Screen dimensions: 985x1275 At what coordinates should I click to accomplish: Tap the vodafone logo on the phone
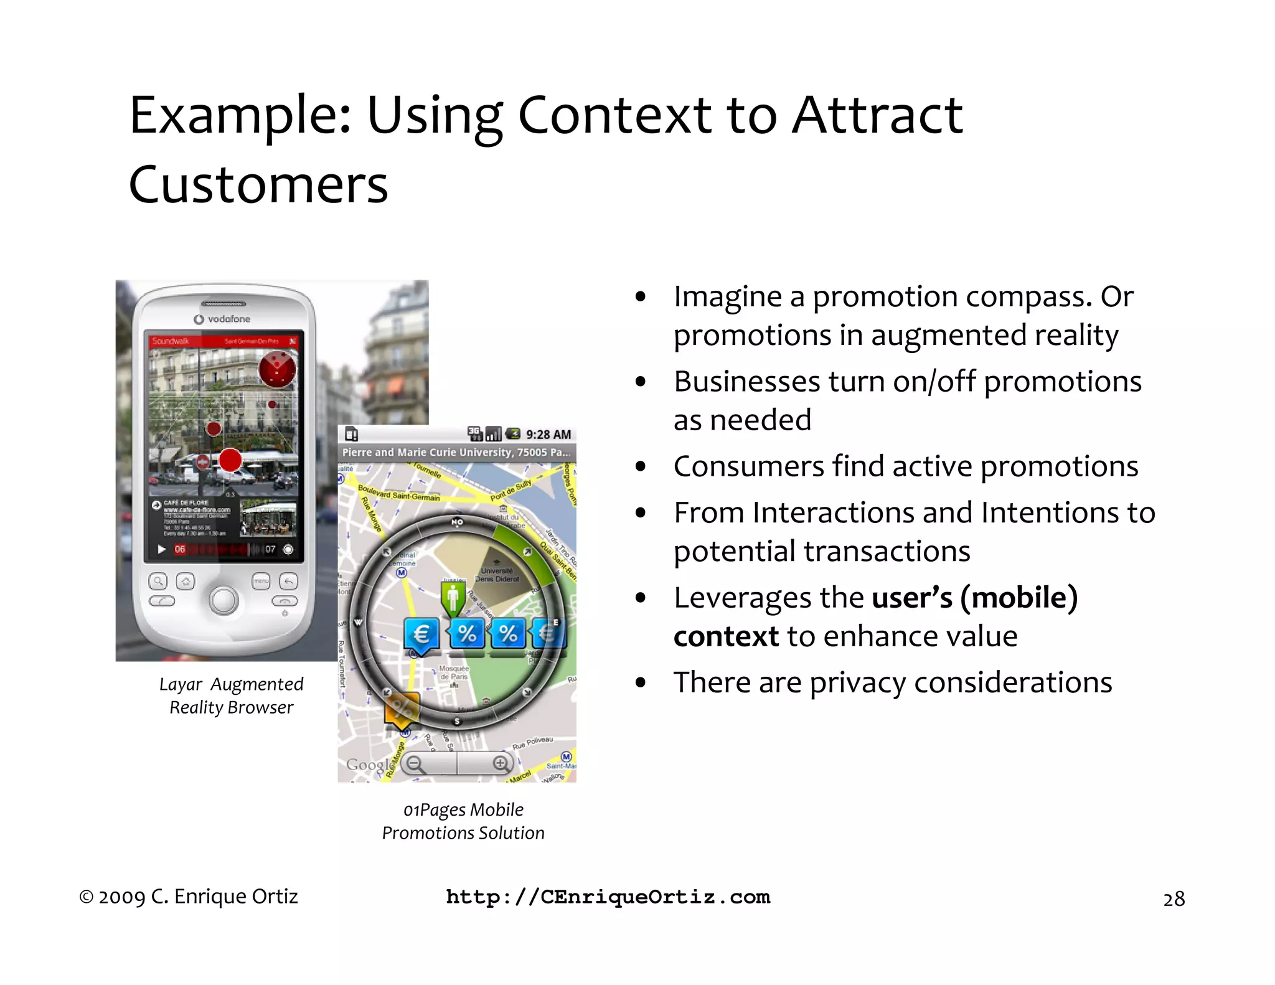[x=222, y=319]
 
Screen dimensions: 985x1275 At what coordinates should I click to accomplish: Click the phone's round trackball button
[x=223, y=600]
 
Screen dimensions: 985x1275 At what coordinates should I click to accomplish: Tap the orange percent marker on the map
[x=402, y=710]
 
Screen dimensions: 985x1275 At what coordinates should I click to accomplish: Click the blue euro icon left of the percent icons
[x=421, y=634]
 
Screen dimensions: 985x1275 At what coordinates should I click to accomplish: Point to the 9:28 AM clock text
[x=548, y=434]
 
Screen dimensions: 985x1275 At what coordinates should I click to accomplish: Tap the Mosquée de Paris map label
[x=454, y=672]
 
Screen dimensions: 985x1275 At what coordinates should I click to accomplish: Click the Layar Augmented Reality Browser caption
[x=231, y=695]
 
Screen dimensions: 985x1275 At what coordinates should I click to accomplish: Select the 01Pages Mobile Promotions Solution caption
[x=463, y=821]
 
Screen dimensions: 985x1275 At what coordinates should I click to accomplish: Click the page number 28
[x=1174, y=899]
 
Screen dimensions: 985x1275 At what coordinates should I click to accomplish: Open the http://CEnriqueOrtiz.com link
[x=608, y=897]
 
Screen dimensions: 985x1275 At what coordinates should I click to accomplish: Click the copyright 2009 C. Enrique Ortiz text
[x=189, y=897]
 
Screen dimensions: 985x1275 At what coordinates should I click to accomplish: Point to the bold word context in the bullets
[x=726, y=636]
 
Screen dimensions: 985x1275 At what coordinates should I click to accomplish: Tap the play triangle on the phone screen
[x=162, y=549]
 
